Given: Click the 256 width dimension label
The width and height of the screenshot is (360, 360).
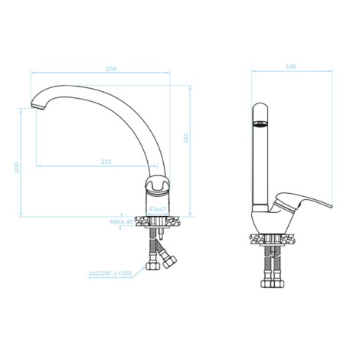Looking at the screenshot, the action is pyautogui.click(x=111, y=68).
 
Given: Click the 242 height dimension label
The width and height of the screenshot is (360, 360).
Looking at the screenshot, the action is pyautogui.click(x=186, y=138).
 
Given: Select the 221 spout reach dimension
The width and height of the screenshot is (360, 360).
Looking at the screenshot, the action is pyautogui.click(x=106, y=162).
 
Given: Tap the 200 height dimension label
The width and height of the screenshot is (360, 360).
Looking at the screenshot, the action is pyautogui.click(x=17, y=167).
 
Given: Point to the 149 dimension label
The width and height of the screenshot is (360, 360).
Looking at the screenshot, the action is pyautogui.click(x=291, y=67).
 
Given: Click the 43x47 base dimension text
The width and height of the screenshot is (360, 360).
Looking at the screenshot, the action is pyautogui.click(x=158, y=209).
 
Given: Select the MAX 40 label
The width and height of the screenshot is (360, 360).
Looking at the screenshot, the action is pyautogui.click(x=122, y=221).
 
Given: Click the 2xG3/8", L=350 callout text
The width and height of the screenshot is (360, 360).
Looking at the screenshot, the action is pyautogui.click(x=110, y=273).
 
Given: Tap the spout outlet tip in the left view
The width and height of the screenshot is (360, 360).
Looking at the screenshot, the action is pyautogui.click(x=38, y=106).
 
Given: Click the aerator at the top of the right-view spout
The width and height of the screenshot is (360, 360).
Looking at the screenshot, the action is pyautogui.click(x=260, y=124).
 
